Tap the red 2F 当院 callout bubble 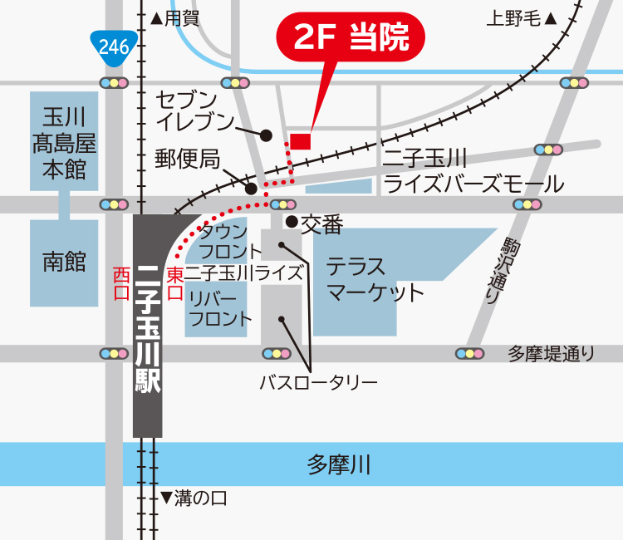(x=351, y=39)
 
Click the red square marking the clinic (x=300, y=141)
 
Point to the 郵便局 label (x=188, y=159)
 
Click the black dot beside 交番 (x=292, y=222)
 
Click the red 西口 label (x=121, y=283)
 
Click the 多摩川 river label (x=338, y=464)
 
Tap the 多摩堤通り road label (x=552, y=354)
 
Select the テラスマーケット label (x=375, y=280)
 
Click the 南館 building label (x=64, y=263)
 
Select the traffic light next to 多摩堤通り (x=469, y=354)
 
